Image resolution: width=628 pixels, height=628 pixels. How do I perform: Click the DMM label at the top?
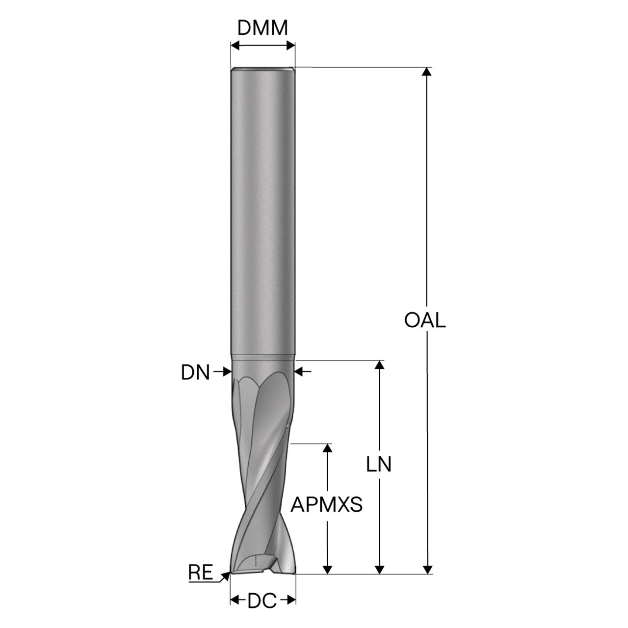point(262,28)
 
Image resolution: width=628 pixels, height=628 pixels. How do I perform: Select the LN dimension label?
point(378,464)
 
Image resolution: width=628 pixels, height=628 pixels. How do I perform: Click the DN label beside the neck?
point(195,372)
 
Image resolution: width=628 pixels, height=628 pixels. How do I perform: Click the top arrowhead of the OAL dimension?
point(426,72)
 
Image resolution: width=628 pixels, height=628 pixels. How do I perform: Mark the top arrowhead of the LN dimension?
point(379,365)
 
